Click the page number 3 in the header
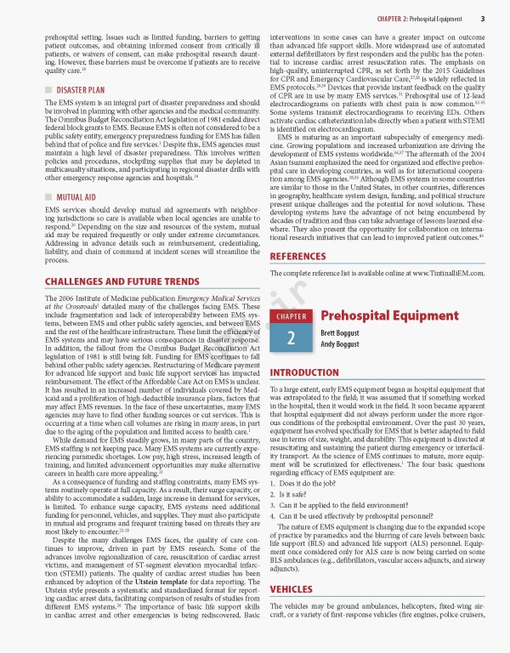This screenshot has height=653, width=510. click(x=482, y=18)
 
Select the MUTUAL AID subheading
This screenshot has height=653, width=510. click(x=77, y=196)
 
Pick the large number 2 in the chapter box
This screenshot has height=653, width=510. click(x=291, y=338)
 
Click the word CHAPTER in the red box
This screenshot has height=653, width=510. click(x=291, y=317)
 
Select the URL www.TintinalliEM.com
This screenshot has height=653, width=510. click(x=438, y=249)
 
